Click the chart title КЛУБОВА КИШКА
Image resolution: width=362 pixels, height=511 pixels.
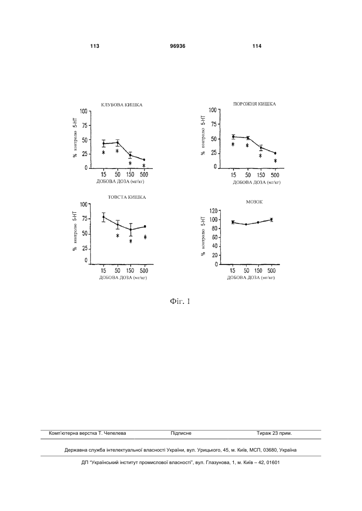[122, 105]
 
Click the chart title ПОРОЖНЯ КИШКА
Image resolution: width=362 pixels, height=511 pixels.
[254, 104]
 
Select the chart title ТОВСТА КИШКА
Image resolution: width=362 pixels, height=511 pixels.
[127, 197]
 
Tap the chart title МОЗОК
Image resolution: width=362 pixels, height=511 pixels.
[254, 202]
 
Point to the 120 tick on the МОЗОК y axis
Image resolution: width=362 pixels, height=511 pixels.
[215, 211]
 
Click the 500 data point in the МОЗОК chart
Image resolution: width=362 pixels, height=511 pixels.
[271, 220]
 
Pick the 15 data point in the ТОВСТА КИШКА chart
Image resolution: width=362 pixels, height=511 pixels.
[104, 217]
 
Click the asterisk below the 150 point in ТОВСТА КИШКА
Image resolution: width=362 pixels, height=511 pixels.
[131, 241]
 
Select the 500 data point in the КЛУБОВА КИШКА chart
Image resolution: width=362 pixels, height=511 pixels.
[144, 160]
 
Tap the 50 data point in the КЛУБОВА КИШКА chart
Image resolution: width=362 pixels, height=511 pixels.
[117, 143]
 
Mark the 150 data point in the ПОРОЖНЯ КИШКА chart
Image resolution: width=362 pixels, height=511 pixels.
[261, 148]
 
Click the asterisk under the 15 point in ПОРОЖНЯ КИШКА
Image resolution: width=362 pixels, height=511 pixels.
[233, 144]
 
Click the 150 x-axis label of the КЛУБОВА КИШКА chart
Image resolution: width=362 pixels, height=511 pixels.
[131, 175]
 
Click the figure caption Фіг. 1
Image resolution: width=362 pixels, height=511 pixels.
[180, 301]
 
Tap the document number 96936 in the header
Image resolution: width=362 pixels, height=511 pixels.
[178, 46]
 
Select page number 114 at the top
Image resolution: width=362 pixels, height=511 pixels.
[257, 46]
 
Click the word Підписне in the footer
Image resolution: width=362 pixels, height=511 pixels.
[181, 433]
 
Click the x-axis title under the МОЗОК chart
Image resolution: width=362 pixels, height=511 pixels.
[251, 278]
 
